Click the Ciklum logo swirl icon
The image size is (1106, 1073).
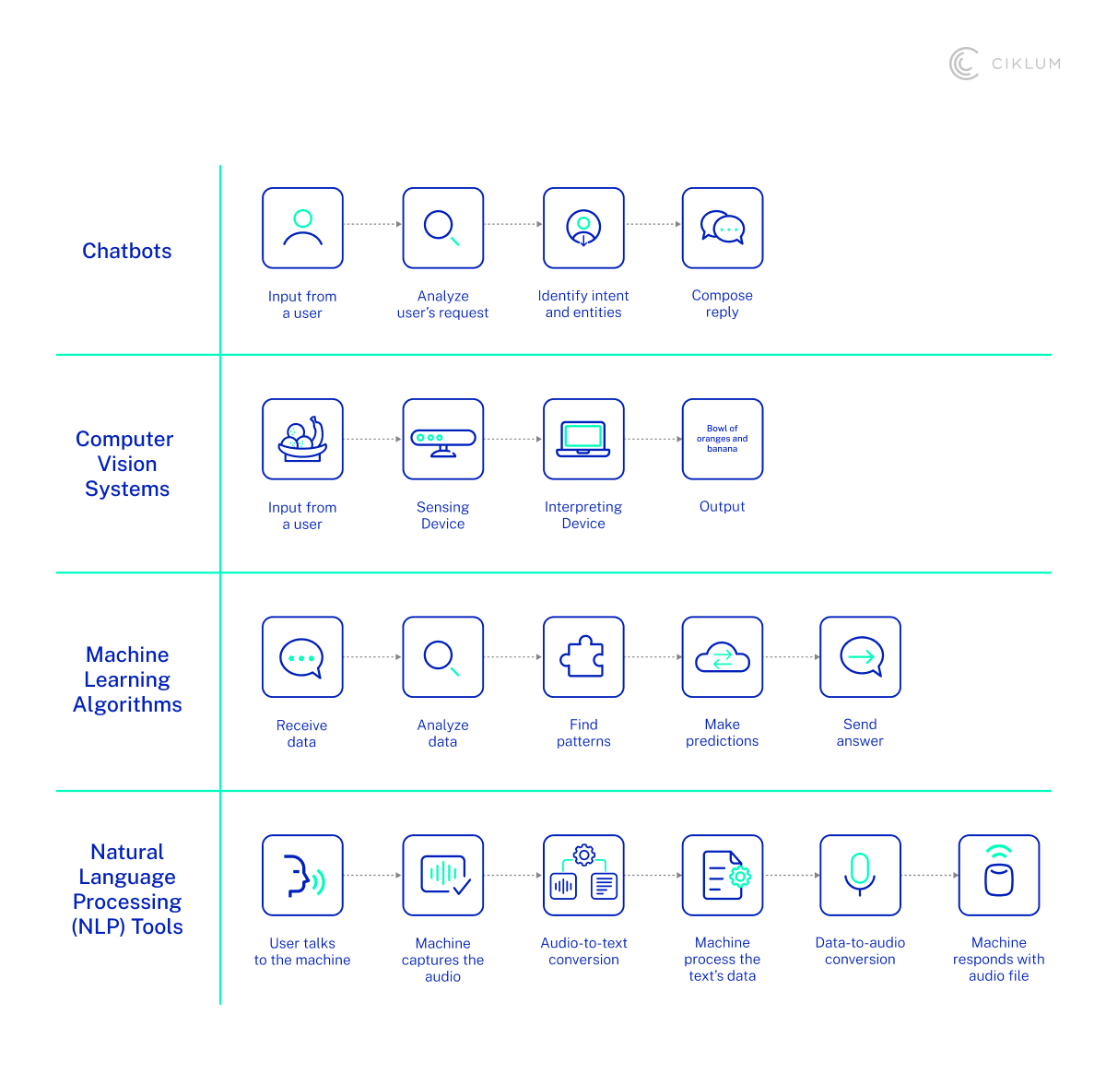(x=964, y=64)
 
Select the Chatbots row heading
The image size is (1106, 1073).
(x=127, y=251)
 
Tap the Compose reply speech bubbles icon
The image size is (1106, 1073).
(x=723, y=228)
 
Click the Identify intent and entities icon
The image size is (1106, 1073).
(x=583, y=228)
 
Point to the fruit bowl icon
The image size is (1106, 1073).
(x=302, y=439)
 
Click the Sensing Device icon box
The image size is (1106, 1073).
(x=443, y=439)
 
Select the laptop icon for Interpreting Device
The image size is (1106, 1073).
(x=583, y=439)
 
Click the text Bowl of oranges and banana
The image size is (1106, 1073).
(x=723, y=439)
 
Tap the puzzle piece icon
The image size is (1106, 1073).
(x=583, y=657)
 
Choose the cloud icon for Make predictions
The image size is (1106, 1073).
(x=723, y=658)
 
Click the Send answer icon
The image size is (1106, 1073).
(x=861, y=657)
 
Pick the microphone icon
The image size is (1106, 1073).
(x=860, y=875)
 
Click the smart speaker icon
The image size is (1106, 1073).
(x=999, y=875)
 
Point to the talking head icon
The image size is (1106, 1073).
(x=302, y=875)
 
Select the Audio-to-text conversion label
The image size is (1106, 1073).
(x=583, y=951)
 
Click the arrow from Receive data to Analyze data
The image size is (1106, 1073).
(x=373, y=657)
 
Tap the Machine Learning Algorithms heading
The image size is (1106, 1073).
(x=127, y=679)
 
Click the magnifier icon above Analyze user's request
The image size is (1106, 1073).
(x=442, y=228)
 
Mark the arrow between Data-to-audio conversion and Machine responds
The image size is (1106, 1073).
(x=930, y=875)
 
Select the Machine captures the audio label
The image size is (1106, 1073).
(x=443, y=960)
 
